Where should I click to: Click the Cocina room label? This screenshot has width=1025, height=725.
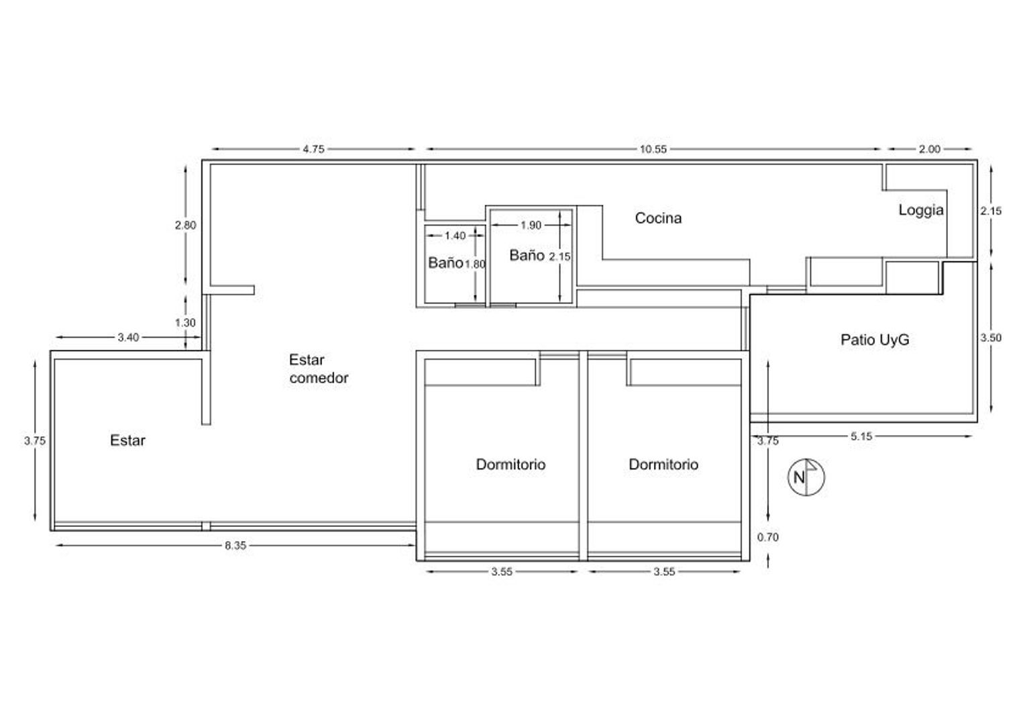(658, 218)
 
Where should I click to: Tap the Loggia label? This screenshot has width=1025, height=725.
(921, 210)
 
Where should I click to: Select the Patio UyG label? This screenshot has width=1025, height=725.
(875, 340)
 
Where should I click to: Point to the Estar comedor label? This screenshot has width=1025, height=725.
(319, 369)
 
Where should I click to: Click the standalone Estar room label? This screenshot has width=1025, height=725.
(127, 440)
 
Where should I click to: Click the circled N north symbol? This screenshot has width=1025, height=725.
(806, 477)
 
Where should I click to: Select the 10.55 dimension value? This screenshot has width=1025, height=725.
(653, 150)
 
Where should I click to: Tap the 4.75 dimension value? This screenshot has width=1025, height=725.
(313, 150)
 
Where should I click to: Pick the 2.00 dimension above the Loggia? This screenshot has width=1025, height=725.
(929, 150)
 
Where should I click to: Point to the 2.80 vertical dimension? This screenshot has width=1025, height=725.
(185, 226)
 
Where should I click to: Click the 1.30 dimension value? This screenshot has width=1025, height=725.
(185, 323)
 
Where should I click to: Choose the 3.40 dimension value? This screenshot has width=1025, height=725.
(128, 338)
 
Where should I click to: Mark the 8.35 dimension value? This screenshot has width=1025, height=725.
(235, 546)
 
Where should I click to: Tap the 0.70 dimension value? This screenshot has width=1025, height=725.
(768, 537)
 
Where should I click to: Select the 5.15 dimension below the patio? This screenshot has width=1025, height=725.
(861, 436)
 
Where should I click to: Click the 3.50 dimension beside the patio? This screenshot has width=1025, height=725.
(991, 338)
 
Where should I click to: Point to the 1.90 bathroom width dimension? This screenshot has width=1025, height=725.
(531, 226)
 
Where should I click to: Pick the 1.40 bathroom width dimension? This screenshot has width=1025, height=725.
(455, 236)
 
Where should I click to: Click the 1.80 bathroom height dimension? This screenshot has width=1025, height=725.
(475, 264)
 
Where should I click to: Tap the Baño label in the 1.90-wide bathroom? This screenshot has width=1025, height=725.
(527, 255)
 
